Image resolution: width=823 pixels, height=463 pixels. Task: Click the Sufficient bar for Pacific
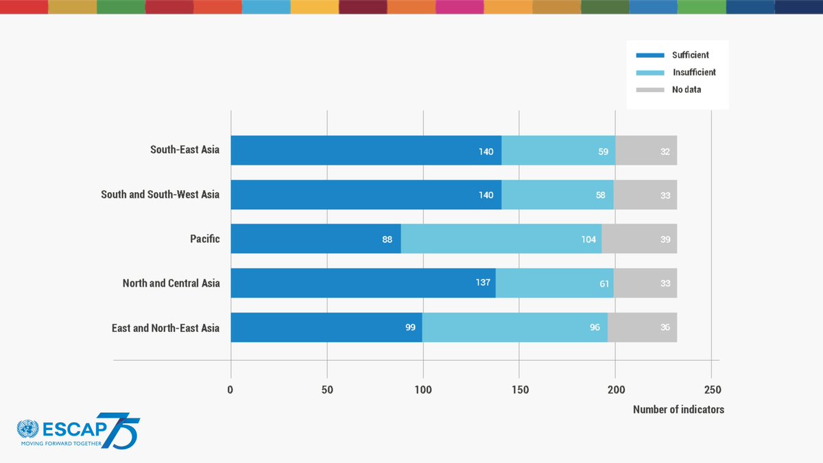point(315,239)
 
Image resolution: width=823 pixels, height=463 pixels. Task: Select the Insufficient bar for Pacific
point(501,239)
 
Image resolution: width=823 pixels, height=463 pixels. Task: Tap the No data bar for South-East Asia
point(646,150)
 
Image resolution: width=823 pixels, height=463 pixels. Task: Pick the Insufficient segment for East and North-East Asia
point(514,327)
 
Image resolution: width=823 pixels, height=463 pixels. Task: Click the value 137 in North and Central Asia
point(484,283)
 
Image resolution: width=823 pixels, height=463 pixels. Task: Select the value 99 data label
point(410,328)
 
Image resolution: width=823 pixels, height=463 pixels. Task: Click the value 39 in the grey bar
point(665,239)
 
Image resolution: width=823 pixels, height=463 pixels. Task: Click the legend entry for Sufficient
point(690,55)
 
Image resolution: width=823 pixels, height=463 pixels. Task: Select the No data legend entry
point(687,89)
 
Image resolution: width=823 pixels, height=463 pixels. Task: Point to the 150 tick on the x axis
point(519,390)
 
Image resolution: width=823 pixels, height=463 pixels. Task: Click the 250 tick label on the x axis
point(711,390)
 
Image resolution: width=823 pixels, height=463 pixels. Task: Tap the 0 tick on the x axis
point(230,390)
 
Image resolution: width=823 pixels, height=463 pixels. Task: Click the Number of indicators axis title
point(678,409)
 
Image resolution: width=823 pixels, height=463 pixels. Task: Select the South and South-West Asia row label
point(160,195)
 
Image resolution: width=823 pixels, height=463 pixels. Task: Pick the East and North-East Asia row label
point(165,328)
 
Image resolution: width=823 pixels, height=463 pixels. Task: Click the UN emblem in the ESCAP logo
point(28,429)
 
